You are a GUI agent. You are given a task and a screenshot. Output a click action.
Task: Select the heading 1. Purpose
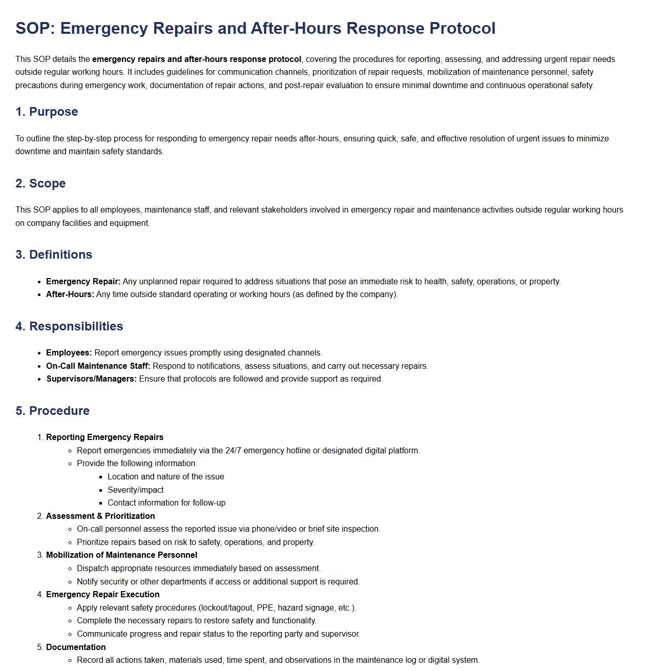(x=47, y=112)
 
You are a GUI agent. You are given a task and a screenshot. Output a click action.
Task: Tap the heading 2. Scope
(x=40, y=183)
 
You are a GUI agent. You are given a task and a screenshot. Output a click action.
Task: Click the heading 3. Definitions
(x=54, y=255)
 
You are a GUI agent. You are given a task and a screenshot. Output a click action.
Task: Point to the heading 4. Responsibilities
(x=69, y=326)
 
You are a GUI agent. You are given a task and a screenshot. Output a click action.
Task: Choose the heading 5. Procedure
(x=52, y=411)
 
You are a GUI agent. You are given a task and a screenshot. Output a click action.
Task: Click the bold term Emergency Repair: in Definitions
(x=83, y=282)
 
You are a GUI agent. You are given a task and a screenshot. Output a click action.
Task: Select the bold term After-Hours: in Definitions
(x=70, y=295)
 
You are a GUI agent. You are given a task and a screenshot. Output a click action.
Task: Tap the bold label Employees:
(x=69, y=353)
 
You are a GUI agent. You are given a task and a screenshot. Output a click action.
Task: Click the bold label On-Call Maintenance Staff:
(x=98, y=366)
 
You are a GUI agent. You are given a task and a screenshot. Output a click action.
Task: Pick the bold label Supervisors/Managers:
(x=91, y=379)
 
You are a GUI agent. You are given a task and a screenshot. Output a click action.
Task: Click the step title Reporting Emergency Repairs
(x=105, y=437)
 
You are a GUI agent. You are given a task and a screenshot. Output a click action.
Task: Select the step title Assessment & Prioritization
(x=100, y=516)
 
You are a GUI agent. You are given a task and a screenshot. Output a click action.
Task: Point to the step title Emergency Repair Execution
(x=102, y=595)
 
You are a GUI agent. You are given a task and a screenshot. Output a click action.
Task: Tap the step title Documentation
(x=76, y=647)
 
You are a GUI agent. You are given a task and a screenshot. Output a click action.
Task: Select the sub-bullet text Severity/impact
(x=136, y=490)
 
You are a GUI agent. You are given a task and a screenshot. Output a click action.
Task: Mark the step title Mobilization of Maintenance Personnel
(x=121, y=555)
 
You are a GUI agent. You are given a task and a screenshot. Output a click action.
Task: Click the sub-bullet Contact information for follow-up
(x=166, y=503)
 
